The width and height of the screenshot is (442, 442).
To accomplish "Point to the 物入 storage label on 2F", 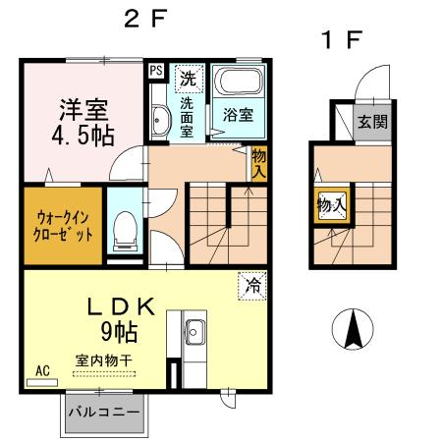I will point(259,163).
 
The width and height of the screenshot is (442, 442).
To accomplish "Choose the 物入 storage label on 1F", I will point(331,205).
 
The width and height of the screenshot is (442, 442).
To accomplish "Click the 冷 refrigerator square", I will point(252,288).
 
